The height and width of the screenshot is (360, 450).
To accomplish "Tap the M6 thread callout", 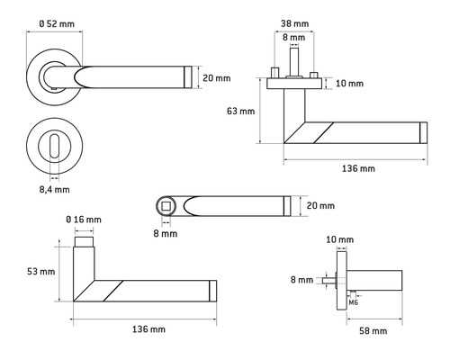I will pos(354,302).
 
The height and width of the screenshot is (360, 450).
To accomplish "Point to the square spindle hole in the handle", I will pos(166,207).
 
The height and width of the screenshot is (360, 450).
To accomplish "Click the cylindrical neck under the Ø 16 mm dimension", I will pos(84,243).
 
